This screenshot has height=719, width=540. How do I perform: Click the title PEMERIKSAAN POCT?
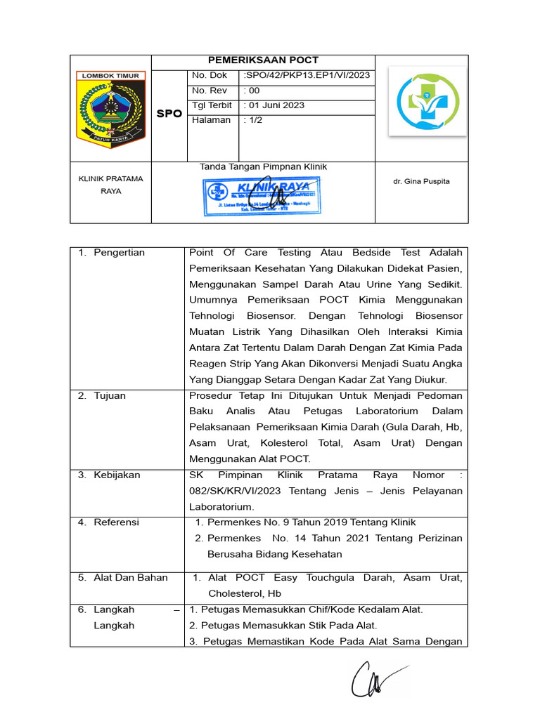pyautogui.click(x=263, y=60)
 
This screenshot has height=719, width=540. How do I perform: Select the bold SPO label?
pyautogui.click(x=169, y=113)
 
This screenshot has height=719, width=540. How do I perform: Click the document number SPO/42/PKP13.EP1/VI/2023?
pyautogui.click(x=307, y=76)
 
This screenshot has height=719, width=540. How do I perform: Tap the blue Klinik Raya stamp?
pyautogui.click(x=263, y=195)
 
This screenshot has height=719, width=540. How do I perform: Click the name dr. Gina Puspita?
pyautogui.click(x=422, y=181)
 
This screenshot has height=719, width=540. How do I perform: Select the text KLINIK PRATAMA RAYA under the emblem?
pyautogui.click(x=110, y=185)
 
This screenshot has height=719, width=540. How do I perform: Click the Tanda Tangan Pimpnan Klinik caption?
pyautogui.click(x=263, y=167)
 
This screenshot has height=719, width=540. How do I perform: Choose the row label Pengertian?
pyautogui.click(x=119, y=253)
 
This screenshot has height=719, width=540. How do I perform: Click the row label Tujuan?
pyautogui.click(x=110, y=396)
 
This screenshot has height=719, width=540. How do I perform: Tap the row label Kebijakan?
pyautogui.click(x=117, y=475)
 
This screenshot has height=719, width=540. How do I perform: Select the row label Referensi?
pyautogui.click(x=116, y=522)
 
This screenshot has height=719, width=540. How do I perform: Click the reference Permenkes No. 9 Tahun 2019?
pyautogui.click(x=311, y=522)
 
